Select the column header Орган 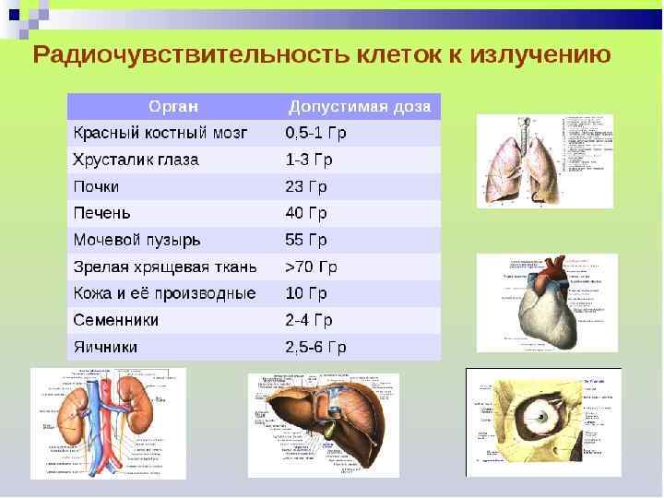(x=174, y=106)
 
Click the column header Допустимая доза (x=360, y=106)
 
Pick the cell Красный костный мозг (x=160, y=133)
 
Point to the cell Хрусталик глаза (x=136, y=160)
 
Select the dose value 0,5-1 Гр (x=315, y=133)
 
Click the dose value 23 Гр (x=306, y=186)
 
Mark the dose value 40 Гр (x=306, y=213)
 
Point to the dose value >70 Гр (x=311, y=267)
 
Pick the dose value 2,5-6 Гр (x=315, y=348)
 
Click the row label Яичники (x=105, y=348)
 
